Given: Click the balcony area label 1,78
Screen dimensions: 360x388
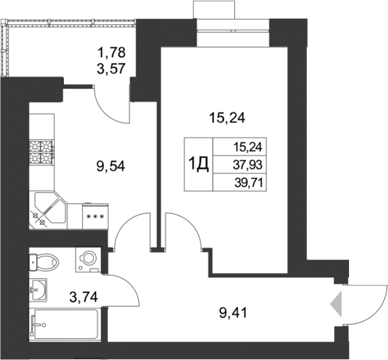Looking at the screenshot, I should [x=109, y=53].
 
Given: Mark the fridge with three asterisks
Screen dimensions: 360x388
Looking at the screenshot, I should [x=94, y=215].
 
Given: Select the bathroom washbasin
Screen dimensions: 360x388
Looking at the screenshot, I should [x=37, y=289].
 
